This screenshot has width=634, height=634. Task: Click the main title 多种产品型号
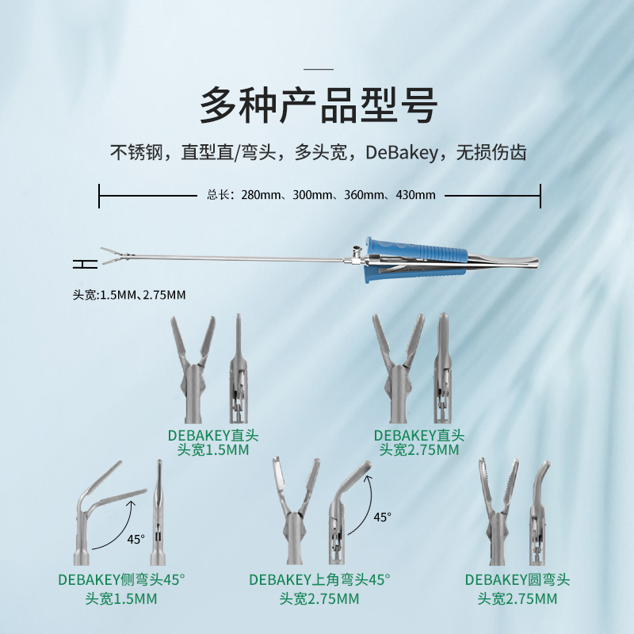click(319, 106)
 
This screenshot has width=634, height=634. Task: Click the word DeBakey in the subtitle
click(402, 153)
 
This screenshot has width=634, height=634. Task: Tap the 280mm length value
click(261, 195)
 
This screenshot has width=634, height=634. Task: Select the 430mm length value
click(415, 195)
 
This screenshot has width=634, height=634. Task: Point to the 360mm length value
click(364, 195)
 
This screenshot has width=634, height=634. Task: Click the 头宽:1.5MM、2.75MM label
click(129, 295)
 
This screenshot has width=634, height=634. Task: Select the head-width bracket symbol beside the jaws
click(85, 264)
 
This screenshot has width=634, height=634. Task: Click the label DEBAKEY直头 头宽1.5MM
click(213, 443)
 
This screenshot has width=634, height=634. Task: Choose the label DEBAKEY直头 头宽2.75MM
click(419, 443)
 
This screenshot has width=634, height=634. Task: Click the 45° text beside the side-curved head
click(136, 539)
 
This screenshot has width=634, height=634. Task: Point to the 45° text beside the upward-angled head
click(382, 517)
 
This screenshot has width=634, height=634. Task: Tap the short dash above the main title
click(319, 69)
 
